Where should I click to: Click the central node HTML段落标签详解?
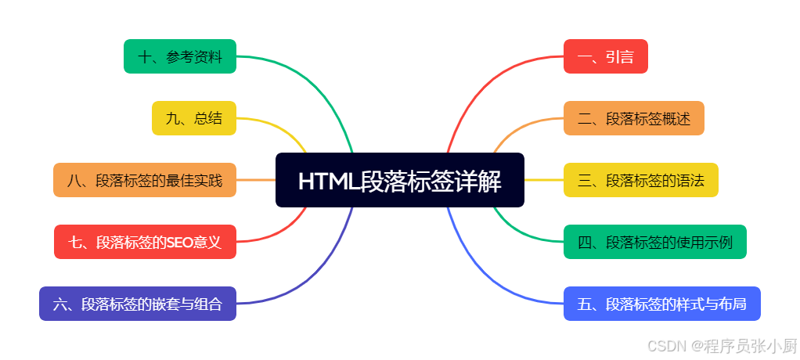pyautogui.click(x=399, y=180)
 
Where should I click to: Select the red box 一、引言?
pyautogui.click(x=605, y=56)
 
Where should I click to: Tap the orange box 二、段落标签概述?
pyautogui.click(x=633, y=118)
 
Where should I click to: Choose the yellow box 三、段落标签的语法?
pyautogui.click(x=640, y=180)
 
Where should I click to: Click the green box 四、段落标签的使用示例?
pyautogui.click(x=654, y=242)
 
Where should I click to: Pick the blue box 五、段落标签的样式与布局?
pyautogui.click(x=661, y=304)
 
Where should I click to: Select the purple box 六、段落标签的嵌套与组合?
pyautogui.click(x=138, y=304)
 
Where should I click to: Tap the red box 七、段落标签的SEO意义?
pyautogui.click(x=145, y=242)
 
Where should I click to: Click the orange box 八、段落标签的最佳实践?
pyautogui.click(x=145, y=180)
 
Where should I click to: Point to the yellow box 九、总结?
pyautogui.click(x=194, y=118)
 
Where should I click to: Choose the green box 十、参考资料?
pyautogui.click(x=180, y=56)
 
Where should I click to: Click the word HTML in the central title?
pyautogui.click(x=326, y=181)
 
